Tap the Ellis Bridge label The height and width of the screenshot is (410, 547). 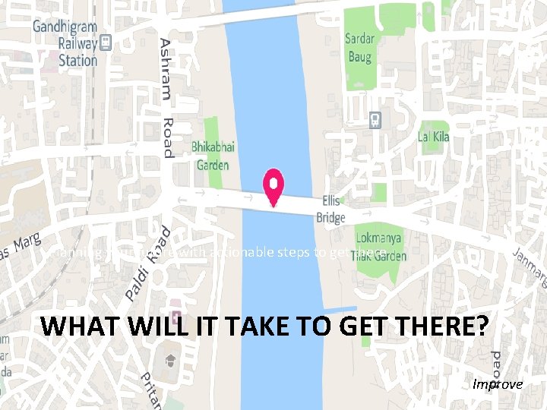coord(333,210)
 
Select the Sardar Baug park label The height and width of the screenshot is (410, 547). coord(360,47)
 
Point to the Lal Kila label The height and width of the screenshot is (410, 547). coord(434,137)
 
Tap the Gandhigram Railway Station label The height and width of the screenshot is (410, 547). coord(65,43)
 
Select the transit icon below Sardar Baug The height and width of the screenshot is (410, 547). coord(375,120)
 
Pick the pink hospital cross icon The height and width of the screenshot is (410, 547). coord(177,314)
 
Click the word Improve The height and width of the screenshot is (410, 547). coord(498,384)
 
